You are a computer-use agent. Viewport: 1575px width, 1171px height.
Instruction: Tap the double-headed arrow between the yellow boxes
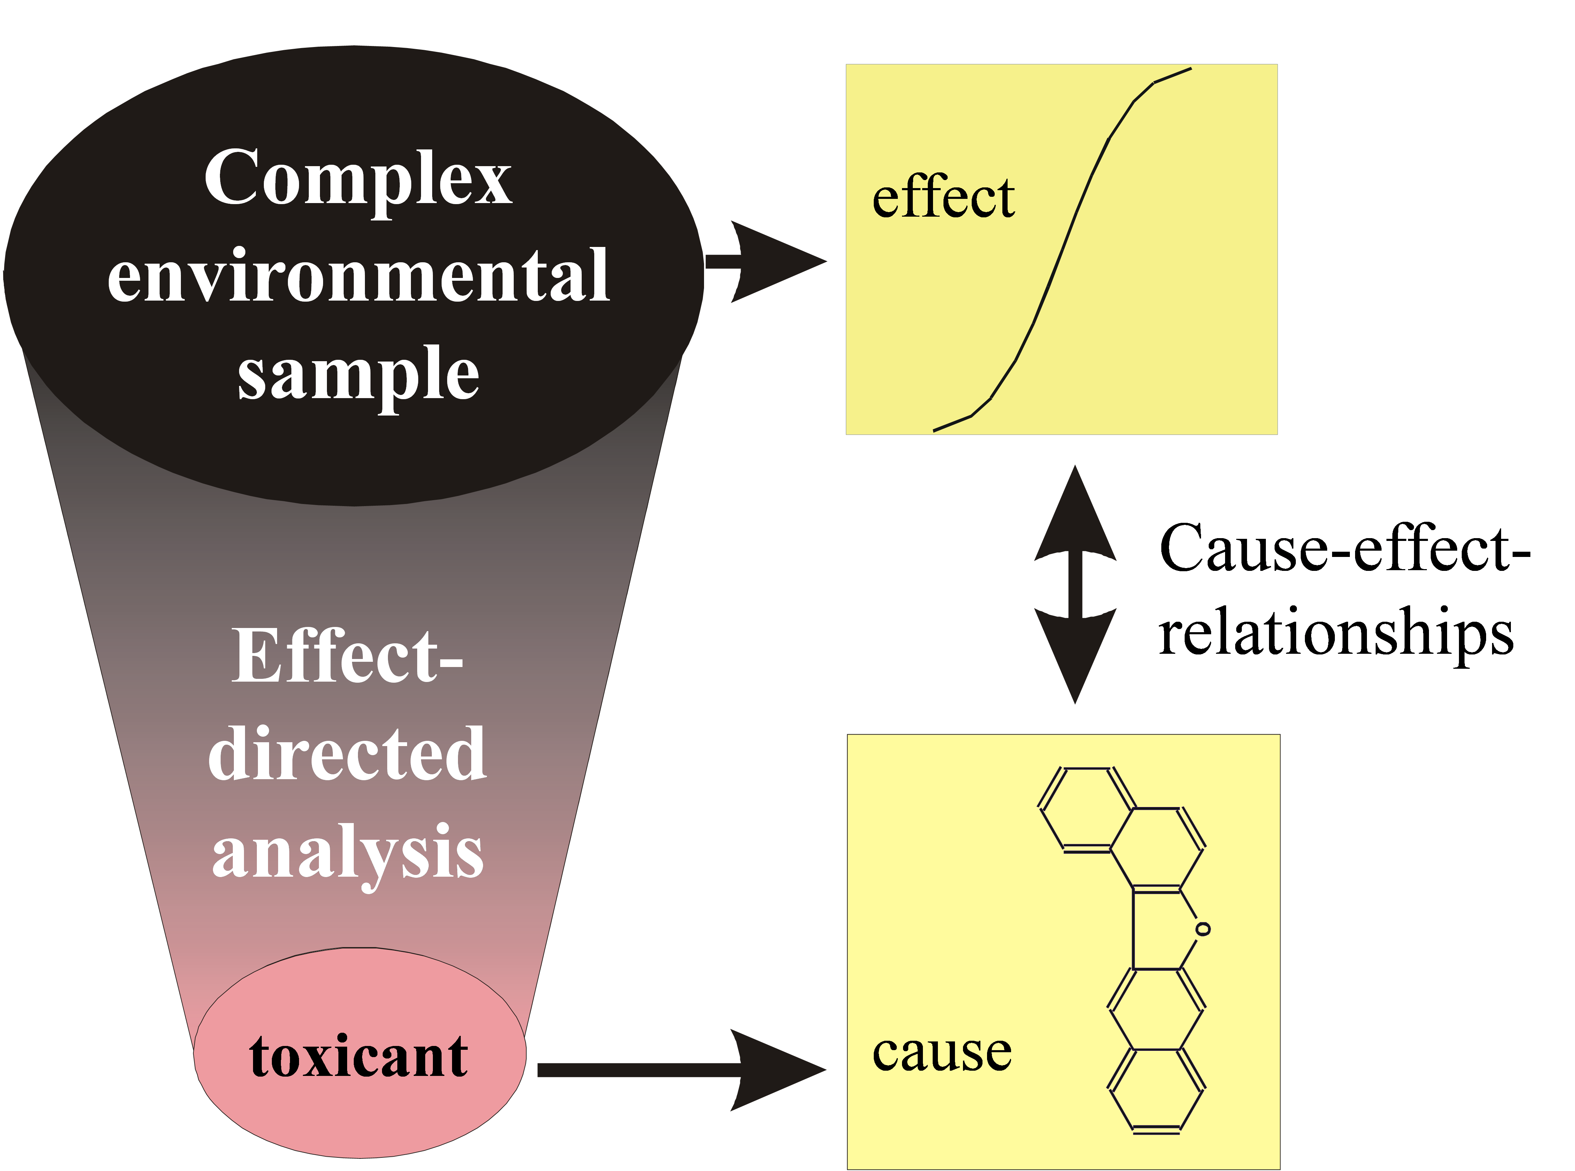(x=1075, y=585)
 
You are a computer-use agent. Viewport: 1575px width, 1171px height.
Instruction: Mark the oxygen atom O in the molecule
(x=1203, y=929)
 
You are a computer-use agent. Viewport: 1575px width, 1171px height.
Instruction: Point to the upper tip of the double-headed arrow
(x=1075, y=469)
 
